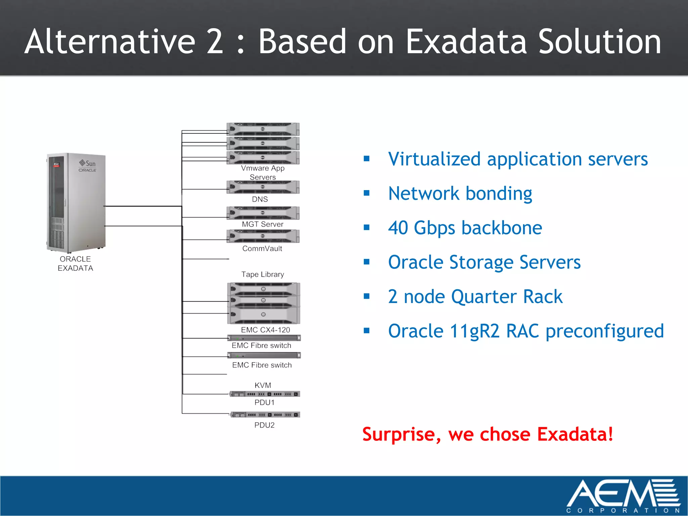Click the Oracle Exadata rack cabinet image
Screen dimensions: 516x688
coord(76,203)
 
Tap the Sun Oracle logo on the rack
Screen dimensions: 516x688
coord(88,166)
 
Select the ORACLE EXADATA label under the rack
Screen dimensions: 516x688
coord(75,264)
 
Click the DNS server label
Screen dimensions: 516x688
coord(260,199)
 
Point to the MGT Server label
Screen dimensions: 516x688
coord(262,224)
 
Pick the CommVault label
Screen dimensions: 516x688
coord(262,249)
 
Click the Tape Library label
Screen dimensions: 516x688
coord(262,274)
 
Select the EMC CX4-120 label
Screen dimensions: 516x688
coord(265,330)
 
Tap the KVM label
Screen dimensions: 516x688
coord(263,385)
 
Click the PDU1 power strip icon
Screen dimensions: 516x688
coord(265,394)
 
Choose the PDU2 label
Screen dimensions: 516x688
coord(264,425)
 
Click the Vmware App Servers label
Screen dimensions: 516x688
coord(263,173)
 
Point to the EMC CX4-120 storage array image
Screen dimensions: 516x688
coord(264,303)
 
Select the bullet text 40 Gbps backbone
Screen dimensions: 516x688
coord(465,228)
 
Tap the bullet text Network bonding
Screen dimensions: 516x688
coord(460,193)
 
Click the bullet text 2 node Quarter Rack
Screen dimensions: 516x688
coord(475,297)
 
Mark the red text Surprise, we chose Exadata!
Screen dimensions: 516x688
coord(488,434)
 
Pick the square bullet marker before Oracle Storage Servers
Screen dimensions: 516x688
coord(367,262)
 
